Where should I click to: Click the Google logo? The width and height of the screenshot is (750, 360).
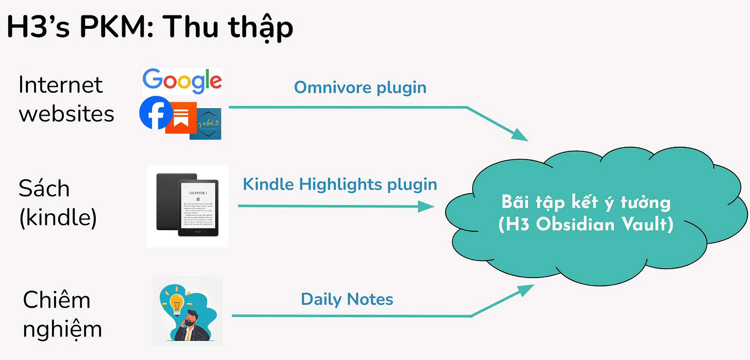pos(182,81)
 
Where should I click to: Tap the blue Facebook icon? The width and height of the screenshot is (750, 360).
pos(155,113)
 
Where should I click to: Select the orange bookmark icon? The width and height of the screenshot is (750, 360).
pos(181,118)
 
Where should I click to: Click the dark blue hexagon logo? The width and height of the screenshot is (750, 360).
pos(206,124)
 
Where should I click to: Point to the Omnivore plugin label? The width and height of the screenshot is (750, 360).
pos(360,88)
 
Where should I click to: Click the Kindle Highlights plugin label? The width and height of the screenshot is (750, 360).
pos(340,184)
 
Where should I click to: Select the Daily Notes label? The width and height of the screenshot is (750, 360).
pos(347,299)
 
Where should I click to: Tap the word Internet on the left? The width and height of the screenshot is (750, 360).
pos(60,85)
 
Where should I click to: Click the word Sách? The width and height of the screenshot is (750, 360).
pos(44,189)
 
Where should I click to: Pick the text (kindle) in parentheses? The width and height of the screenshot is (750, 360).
pos(58,218)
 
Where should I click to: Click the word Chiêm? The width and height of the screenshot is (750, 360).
pos(57,300)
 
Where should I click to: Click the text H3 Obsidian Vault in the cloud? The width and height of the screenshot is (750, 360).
pos(586,225)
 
